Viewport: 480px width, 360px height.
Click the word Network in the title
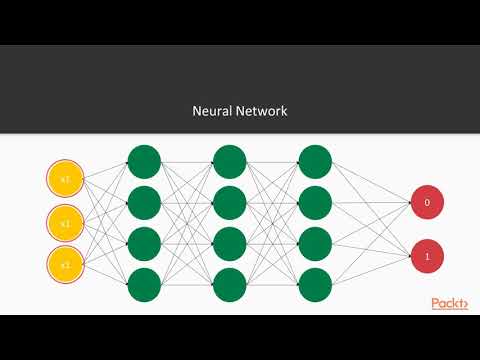point(263,111)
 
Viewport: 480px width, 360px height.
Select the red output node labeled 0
point(427,203)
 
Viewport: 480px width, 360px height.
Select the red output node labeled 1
point(427,257)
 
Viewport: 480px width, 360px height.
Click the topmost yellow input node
point(64,180)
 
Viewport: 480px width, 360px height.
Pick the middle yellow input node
point(64,222)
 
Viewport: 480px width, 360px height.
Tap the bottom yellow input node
point(64,265)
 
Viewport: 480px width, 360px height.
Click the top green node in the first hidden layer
point(144,160)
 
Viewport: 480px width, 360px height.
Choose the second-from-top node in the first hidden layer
point(144,201)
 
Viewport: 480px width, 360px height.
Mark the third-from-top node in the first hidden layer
point(144,242)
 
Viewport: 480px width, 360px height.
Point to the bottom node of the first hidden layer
point(144,283)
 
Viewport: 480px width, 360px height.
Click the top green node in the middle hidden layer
point(229,160)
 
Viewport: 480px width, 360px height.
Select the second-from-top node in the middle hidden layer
point(229,201)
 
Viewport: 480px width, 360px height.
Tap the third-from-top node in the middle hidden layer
point(229,242)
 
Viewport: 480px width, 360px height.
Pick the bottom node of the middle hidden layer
point(229,283)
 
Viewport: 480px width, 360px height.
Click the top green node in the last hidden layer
point(315,160)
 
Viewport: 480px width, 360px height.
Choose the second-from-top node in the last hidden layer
point(315,201)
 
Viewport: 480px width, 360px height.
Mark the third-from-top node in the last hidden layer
point(315,242)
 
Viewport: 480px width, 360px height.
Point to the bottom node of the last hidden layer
point(315,283)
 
